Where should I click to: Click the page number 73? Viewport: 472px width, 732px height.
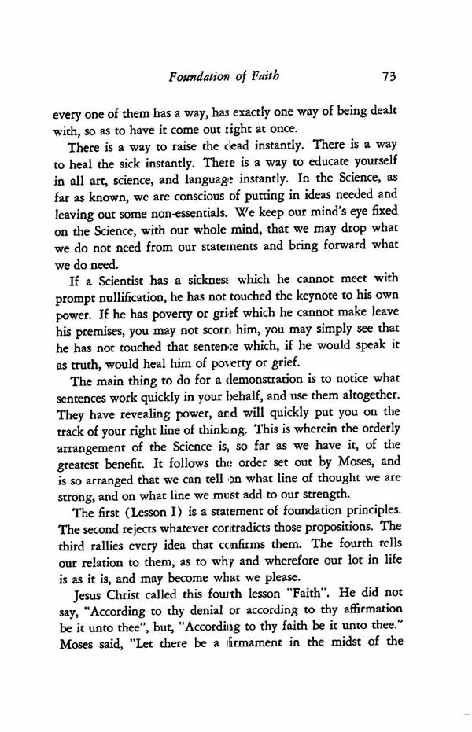385,77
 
